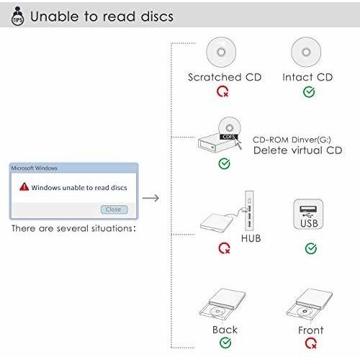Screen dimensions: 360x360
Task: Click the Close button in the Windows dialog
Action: tap(114, 210)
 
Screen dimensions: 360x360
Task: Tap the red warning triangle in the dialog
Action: tap(24, 186)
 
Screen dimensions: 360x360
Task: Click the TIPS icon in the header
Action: tap(17, 16)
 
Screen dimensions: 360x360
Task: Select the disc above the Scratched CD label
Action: tap(221, 52)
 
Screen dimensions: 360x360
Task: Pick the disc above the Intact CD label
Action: tap(306, 52)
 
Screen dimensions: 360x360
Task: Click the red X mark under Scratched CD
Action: tap(222, 91)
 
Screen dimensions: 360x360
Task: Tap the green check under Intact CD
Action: tap(309, 92)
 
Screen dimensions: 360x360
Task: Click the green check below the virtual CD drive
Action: tap(225, 163)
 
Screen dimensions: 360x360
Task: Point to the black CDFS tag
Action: tap(229, 137)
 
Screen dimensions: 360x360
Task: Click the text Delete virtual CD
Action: tap(298, 150)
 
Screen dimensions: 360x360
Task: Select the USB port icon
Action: tap(308, 214)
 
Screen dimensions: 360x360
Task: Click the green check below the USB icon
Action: tap(311, 248)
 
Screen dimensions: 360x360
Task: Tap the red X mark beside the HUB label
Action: tap(225, 248)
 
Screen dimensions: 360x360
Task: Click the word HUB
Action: tap(251, 238)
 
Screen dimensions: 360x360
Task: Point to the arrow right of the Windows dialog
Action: tap(150, 198)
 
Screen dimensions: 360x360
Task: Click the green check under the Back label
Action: tap(225, 343)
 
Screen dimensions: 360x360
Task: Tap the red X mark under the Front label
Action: tap(311, 343)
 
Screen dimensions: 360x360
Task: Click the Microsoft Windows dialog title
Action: tap(34, 168)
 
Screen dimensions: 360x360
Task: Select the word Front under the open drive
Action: tap(311, 330)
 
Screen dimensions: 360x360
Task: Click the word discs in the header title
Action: tap(157, 17)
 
